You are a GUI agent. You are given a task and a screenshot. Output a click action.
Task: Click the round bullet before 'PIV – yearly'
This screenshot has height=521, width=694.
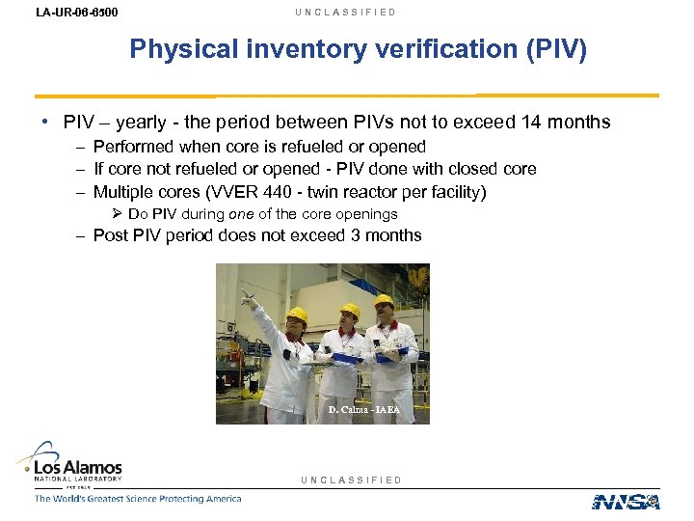pyautogui.click(x=46, y=123)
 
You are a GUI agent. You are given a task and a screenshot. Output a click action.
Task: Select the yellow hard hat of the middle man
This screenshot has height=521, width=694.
pyautogui.click(x=350, y=312)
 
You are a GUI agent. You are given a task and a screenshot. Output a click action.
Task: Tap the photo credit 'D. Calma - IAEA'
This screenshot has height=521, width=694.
pyautogui.click(x=362, y=410)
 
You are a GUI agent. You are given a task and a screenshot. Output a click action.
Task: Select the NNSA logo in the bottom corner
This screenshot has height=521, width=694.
pyautogui.click(x=626, y=501)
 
